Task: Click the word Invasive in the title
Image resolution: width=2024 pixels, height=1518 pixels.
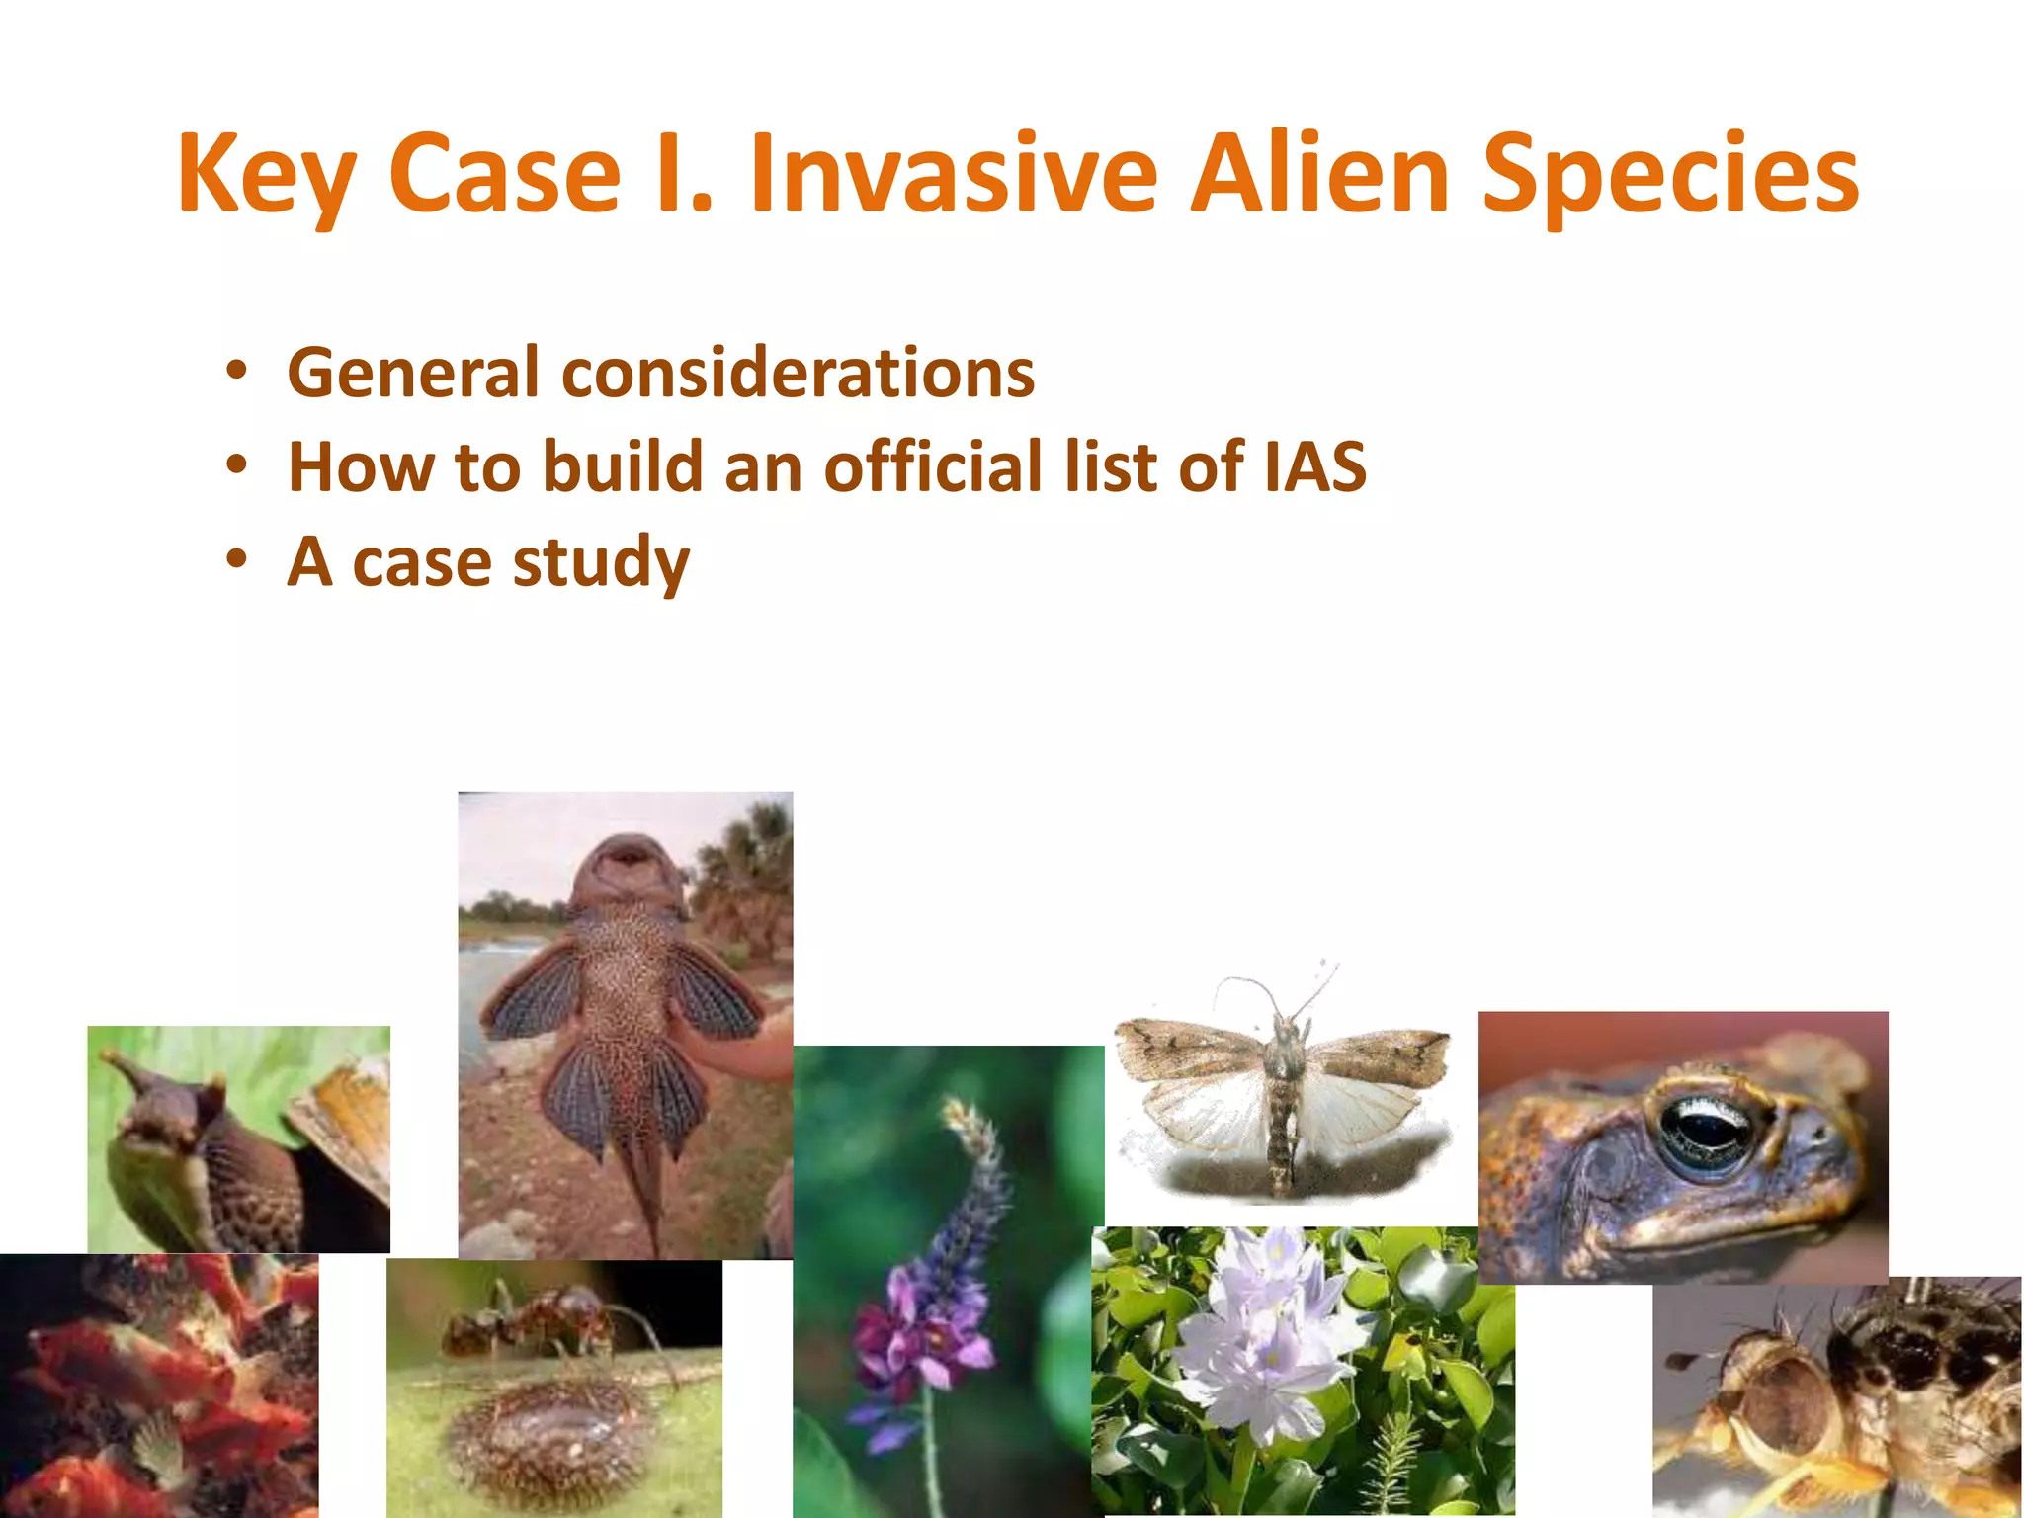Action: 953,174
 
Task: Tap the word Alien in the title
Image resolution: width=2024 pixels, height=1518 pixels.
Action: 1319,174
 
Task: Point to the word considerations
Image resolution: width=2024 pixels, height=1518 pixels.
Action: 799,374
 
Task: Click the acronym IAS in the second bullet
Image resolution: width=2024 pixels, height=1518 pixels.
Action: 1314,466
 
